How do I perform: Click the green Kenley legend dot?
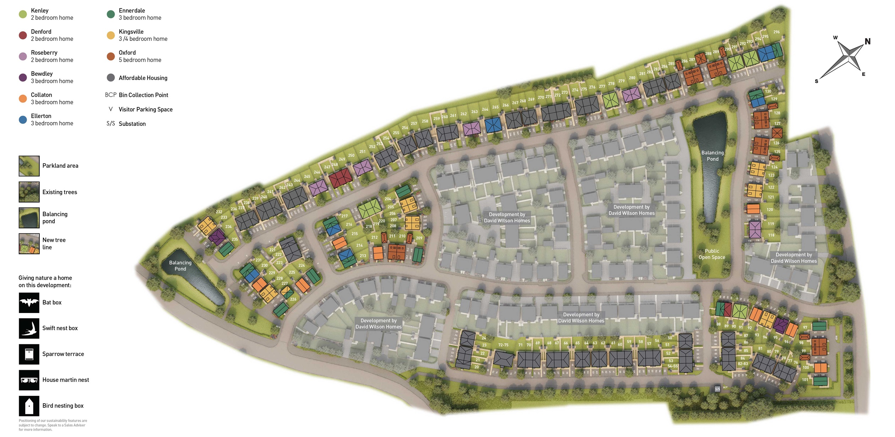(23, 14)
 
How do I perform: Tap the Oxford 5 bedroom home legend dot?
(111, 56)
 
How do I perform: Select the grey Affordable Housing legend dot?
(111, 78)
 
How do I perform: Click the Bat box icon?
(29, 303)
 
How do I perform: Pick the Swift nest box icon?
(29, 328)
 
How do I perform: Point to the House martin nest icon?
(29, 380)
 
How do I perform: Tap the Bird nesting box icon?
(29, 406)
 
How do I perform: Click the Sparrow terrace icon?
(29, 354)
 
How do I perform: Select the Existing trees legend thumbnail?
(29, 192)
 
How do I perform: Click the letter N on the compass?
(867, 42)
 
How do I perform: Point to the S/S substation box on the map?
(717, 389)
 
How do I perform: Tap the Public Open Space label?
(712, 254)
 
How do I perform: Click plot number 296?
(776, 32)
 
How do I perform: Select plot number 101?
(805, 380)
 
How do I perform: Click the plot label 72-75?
(503, 345)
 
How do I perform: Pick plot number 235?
(235, 239)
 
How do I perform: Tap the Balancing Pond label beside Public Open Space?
(712, 156)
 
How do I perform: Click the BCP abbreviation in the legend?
(110, 95)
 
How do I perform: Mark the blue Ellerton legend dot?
(23, 120)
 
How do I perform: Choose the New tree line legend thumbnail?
(29, 244)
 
